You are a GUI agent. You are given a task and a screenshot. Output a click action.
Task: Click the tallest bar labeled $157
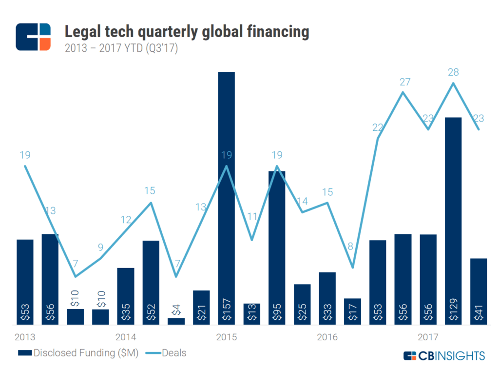pos(226,195)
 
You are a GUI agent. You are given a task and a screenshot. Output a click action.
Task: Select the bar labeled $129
pos(453,220)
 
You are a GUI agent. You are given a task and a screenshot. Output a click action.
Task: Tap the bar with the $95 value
pos(277,244)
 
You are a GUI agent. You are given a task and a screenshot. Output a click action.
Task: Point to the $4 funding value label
pos(176,311)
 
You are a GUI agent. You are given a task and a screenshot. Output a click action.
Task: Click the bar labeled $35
pos(126,295)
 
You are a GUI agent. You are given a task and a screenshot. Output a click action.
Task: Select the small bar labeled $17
pos(352,311)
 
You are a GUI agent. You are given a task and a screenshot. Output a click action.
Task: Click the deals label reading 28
pos(454,72)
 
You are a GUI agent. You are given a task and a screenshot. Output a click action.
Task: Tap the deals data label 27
pos(403,82)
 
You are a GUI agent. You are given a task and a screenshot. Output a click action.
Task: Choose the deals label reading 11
pos(251,216)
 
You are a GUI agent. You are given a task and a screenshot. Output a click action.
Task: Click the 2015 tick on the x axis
pos(226,337)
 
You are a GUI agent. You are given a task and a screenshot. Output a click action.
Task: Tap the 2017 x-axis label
pos(428,337)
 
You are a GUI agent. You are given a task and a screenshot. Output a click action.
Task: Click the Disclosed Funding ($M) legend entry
pos(78,353)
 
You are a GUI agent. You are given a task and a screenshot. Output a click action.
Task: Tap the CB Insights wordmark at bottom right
pos(444,355)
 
